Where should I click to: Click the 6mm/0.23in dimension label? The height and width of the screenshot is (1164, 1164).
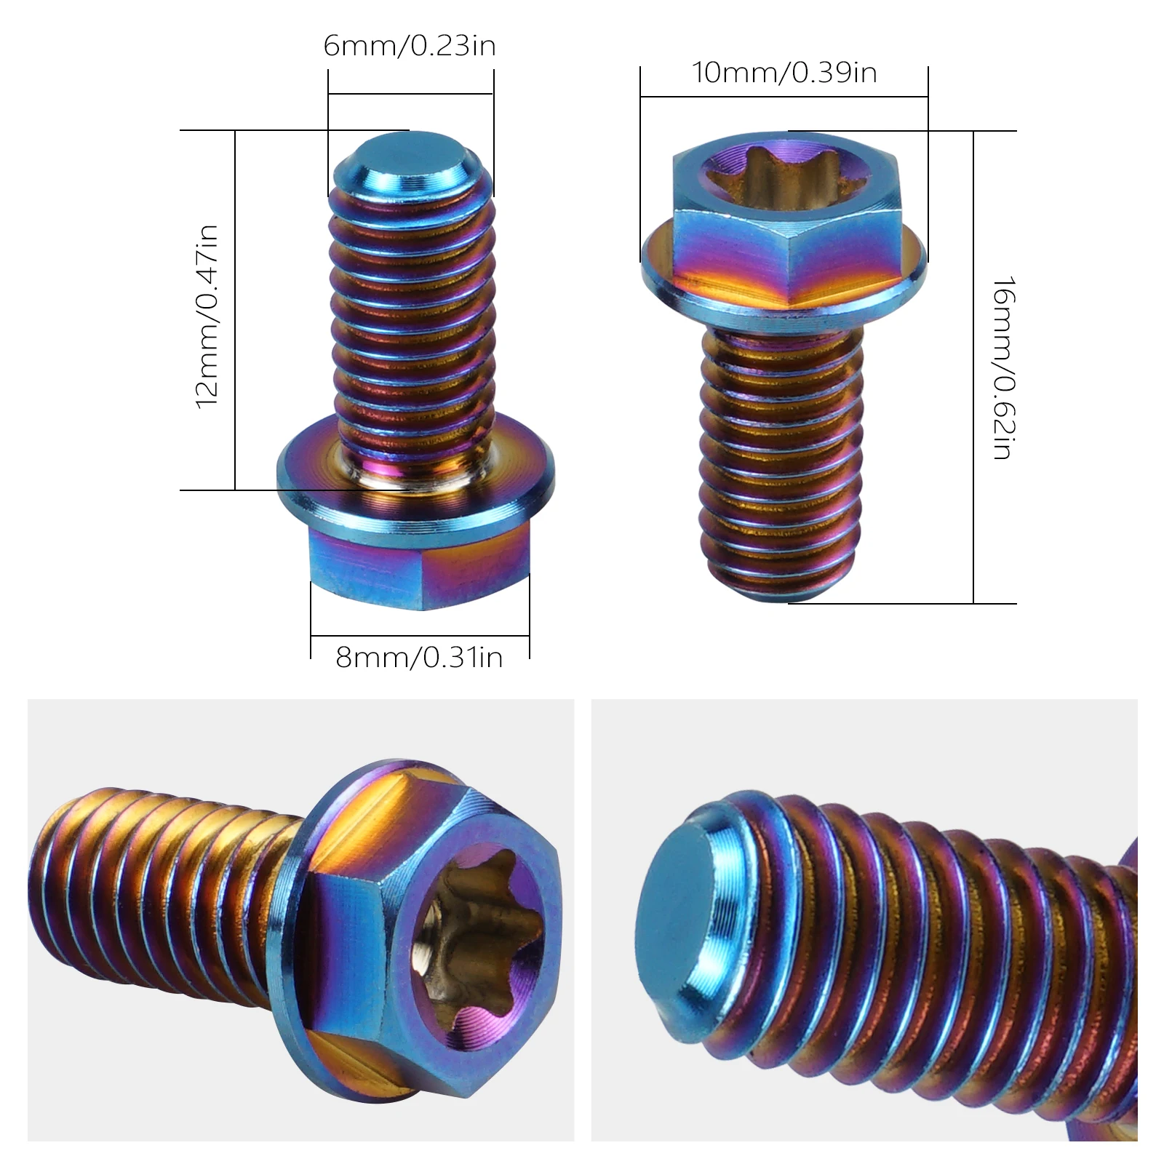click(410, 47)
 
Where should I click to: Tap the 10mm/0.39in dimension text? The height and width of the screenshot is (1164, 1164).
click(784, 73)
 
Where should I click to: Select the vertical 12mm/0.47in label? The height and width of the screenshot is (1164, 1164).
click(208, 316)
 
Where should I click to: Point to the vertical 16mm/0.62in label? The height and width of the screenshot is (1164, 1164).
click(1003, 367)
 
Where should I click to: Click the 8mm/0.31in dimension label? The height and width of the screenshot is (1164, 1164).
click(419, 658)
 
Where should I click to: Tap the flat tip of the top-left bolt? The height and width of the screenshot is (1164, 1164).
click(411, 156)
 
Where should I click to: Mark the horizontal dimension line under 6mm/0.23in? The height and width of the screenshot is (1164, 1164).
click(410, 94)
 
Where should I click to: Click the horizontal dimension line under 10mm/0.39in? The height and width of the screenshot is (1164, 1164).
click(784, 97)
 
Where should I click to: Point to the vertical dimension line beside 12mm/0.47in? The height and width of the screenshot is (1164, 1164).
click(235, 313)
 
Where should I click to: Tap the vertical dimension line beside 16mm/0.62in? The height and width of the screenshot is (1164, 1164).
click(973, 367)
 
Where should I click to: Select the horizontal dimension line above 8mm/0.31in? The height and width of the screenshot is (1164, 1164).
click(419, 637)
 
